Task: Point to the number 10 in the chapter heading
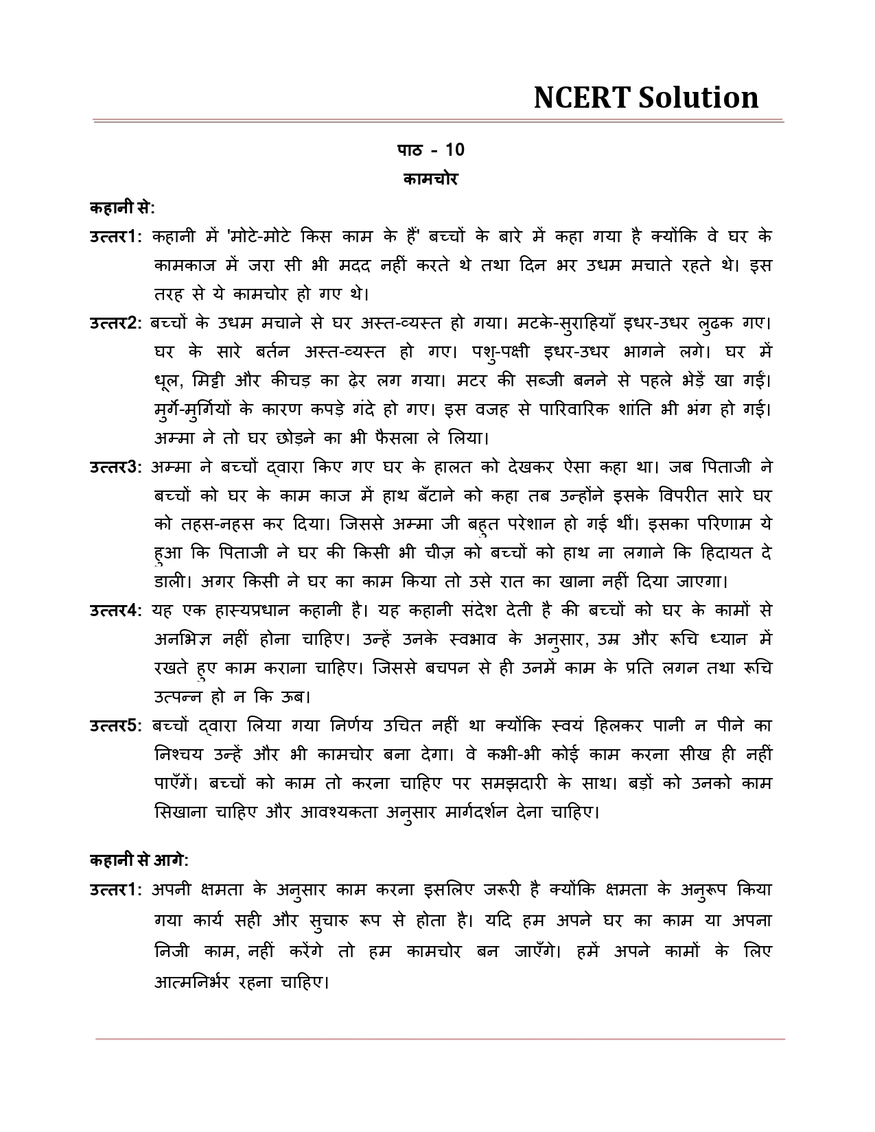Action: [x=455, y=150]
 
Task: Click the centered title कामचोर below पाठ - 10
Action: [x=430, y=179]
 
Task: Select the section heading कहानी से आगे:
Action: [x=139, y=860]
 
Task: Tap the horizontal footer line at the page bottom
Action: [x=439, y=1039]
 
